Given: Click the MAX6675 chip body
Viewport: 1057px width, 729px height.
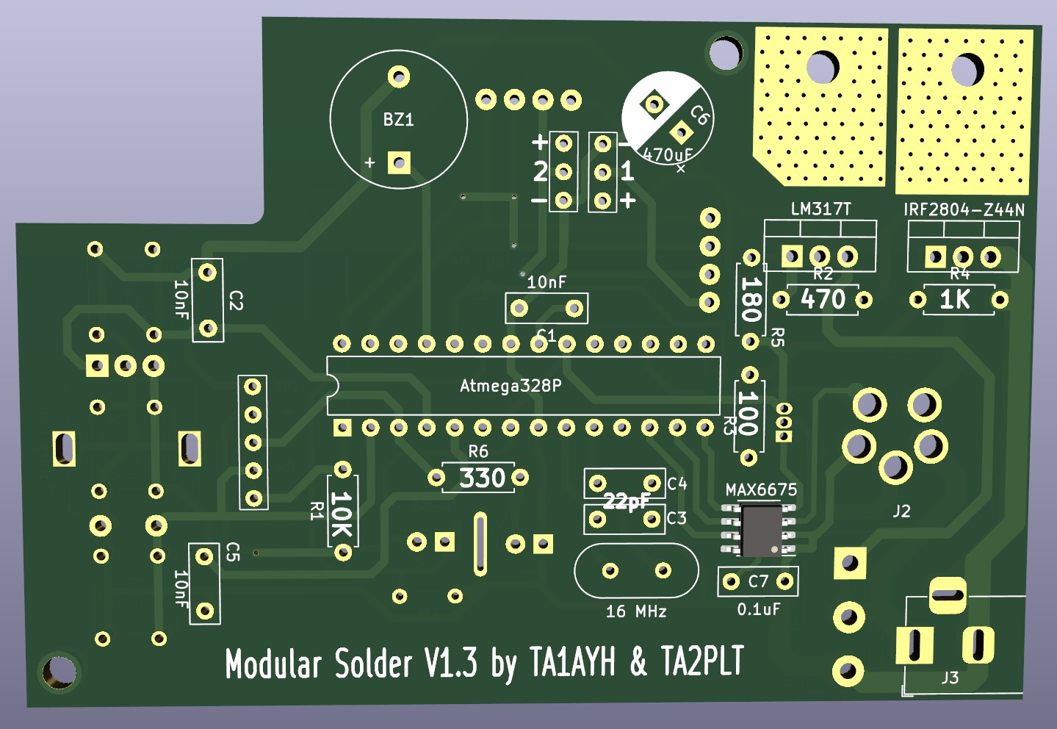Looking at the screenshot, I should click(x=761, y=530).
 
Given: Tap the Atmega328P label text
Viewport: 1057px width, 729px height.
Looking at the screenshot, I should click(x=511, y=386).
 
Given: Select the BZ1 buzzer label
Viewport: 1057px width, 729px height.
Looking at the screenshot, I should click(x=398, y=120).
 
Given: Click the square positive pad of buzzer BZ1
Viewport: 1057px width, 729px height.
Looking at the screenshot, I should click(x=400, y=163).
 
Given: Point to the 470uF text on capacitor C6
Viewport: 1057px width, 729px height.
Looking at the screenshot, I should click(x=667, y=155).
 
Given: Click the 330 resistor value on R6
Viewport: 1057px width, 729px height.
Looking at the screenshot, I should click(x=482, y=478).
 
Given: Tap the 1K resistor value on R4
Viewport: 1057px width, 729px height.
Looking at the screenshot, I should click(x=955, y=300).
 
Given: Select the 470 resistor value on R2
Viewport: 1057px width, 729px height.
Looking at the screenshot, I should click(x=823, y=300).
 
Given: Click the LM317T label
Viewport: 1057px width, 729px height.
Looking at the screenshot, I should click(x=820, y=209).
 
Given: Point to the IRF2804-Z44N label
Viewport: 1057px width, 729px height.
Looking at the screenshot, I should click(x=964, y=210).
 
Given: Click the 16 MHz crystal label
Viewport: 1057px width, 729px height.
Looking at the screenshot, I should click(x=635, y=611).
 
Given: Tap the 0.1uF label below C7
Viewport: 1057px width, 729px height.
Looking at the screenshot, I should click(x=759, y=609).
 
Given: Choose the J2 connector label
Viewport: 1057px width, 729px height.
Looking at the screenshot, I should click(x=901, y=511).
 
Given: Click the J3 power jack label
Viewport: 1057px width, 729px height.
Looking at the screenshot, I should click(x=950, y=678).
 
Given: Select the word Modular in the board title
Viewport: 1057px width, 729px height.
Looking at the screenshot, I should click(x=273, y=664).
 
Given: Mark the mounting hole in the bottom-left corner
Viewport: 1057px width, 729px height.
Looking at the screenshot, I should click(x=58, y=671).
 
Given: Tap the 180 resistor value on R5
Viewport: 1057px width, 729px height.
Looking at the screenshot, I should click(x=750, y=299).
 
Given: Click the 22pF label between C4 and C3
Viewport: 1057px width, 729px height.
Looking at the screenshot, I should click(x=626, y=501).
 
